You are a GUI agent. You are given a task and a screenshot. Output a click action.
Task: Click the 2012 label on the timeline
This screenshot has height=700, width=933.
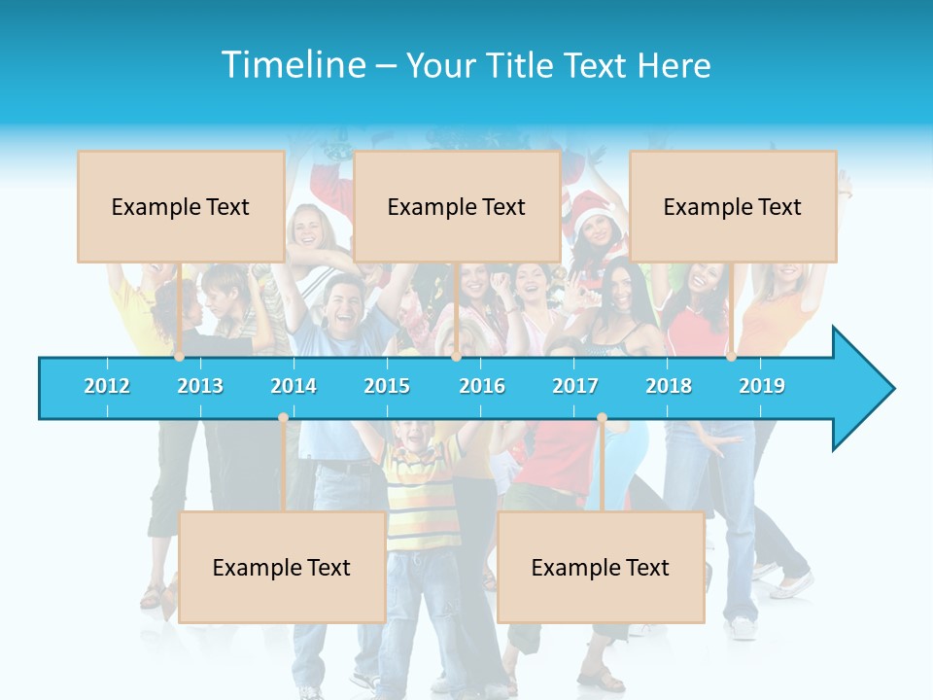point(107,386)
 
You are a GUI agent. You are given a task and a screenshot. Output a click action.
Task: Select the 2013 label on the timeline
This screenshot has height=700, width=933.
point(200,386)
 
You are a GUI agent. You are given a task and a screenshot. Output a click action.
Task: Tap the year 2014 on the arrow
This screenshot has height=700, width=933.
point(294,386)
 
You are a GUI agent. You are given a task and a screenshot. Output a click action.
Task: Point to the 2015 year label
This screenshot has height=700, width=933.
point(387,386)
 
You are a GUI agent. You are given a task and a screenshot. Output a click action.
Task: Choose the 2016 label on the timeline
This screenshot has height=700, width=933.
point(482,386)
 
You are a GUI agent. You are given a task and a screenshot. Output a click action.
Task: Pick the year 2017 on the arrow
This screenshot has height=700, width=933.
point(575,386)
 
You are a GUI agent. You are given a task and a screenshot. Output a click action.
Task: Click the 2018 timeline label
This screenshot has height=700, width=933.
point(669,386)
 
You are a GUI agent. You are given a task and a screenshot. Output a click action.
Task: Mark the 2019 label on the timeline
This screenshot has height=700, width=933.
point(762,386)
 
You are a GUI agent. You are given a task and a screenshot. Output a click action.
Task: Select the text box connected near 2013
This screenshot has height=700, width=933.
point(181,206)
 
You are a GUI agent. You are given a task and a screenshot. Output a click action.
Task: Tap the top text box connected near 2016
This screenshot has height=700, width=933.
point(457,206)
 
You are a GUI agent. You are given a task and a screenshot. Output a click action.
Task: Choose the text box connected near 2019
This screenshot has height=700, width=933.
point(733,206)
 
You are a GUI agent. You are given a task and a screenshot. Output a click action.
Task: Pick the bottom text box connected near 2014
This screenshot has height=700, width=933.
point(282,567)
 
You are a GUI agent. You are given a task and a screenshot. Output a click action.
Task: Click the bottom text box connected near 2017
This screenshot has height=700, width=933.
point(601,567)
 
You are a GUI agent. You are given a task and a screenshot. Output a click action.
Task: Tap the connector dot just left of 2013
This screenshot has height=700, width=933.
point(179,357)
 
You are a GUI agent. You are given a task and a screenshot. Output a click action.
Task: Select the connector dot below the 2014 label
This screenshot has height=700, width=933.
point(283,418)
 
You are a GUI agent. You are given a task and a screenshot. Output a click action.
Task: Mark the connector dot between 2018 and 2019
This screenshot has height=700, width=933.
point(731,357)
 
